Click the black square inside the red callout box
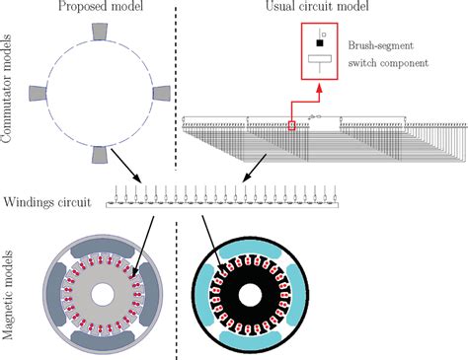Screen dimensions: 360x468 (x=319, y=44)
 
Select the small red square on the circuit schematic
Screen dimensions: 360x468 (x=291, y=125)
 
